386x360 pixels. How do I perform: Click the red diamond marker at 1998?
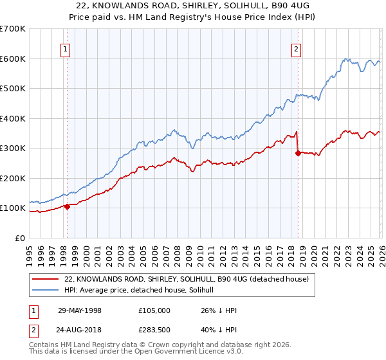67,206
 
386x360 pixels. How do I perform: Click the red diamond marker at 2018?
298,153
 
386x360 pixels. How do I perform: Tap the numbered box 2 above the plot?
296,48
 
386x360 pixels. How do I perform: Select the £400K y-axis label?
13,118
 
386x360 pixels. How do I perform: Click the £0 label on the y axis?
19,238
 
